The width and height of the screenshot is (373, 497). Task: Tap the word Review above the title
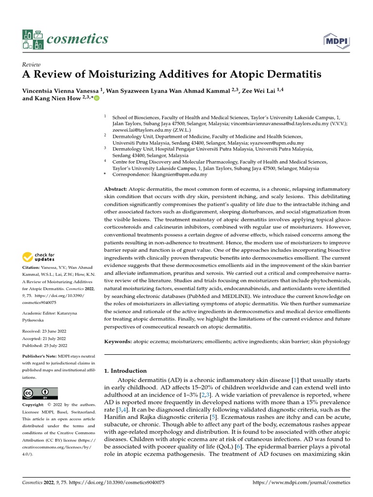pos(31,65)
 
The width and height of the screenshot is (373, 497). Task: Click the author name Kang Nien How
pos(56,98)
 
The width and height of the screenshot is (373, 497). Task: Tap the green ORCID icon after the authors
pos(97,99)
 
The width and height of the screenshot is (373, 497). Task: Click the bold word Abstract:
pos(116,189)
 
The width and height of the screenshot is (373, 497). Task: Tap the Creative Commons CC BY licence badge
pos(40,393)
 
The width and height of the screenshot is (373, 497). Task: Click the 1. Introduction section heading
pos(125,371)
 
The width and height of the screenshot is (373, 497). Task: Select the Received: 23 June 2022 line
pos(46,331)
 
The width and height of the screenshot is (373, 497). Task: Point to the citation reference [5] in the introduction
pos(212,417)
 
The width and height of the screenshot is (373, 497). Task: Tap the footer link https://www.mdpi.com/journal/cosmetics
pos(302,482)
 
